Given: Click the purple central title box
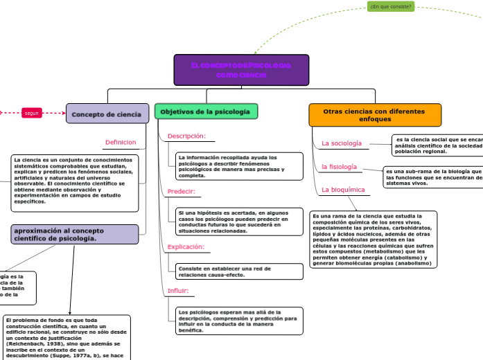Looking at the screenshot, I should pos(241,70).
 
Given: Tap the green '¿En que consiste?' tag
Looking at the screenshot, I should pos(391,6).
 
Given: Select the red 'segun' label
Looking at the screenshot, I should pos(32,113).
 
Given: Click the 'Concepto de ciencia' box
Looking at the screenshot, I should pos(107,114).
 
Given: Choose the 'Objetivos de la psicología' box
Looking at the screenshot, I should pos(207,111).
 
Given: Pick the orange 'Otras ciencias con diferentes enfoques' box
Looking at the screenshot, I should pos(374,115).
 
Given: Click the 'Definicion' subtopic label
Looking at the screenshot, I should pos(121,143).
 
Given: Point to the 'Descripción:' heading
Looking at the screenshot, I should pos(186,136).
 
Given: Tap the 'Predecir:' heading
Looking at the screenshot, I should pos(182,191).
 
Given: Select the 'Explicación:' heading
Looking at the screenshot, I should pos(186,246).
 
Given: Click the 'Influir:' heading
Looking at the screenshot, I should pos(178,291).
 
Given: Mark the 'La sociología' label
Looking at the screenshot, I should pos(342,143).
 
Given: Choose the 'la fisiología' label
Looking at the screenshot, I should pos(339,167).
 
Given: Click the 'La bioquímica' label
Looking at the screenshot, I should pos(343,190).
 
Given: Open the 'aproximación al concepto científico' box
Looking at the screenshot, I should pos(74,234).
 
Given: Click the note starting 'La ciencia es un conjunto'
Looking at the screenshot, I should pos(74,183).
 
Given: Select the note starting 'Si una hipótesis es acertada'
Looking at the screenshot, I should pos(238,222).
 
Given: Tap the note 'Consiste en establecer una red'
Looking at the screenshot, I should pos(238,271).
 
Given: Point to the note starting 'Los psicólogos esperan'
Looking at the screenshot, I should pos(238,321).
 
